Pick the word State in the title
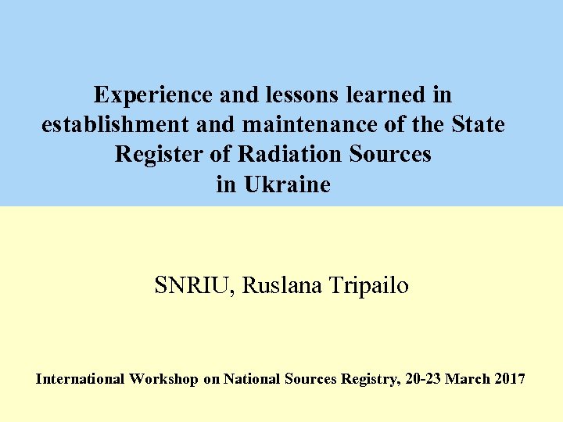click(478, 125)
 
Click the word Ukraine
click(287, 185)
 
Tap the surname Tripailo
click(368, 286)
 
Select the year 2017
click(511, 379)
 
